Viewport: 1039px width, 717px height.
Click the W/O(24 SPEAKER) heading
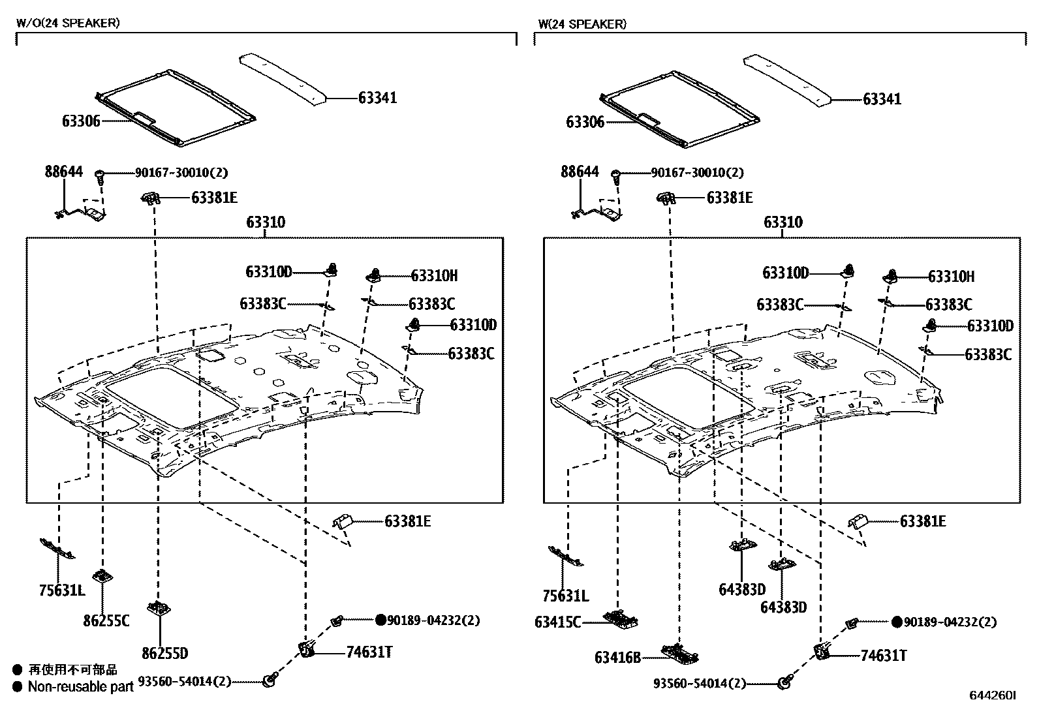(x=68, y=23)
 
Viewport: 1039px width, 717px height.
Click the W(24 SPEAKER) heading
(x=582, y=24)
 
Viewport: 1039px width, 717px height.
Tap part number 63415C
(x=557, y=622)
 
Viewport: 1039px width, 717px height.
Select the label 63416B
(x=617, y=657)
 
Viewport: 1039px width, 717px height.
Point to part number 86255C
(x=106, y=620)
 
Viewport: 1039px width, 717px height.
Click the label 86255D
(x=164, y=653)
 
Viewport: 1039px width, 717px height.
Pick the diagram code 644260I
(x=992, y=696)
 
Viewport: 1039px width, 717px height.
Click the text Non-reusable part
(x=80, y=686)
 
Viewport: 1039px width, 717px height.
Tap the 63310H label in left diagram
(x=434, y=276)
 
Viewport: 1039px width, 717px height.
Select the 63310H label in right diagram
(x=951, y=277)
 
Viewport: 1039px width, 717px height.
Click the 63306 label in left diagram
(x=82, y=121)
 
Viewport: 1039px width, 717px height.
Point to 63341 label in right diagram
(x=882, y=99)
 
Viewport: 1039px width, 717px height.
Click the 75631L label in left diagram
(x=62, y=592)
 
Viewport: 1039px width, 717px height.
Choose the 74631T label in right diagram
(x=883, y=656)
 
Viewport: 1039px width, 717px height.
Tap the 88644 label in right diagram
(x=580, y=172)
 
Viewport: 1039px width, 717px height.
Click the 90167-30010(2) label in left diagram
(x=181, y=173)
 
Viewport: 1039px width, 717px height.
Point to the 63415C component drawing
(x=620, y=617)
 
